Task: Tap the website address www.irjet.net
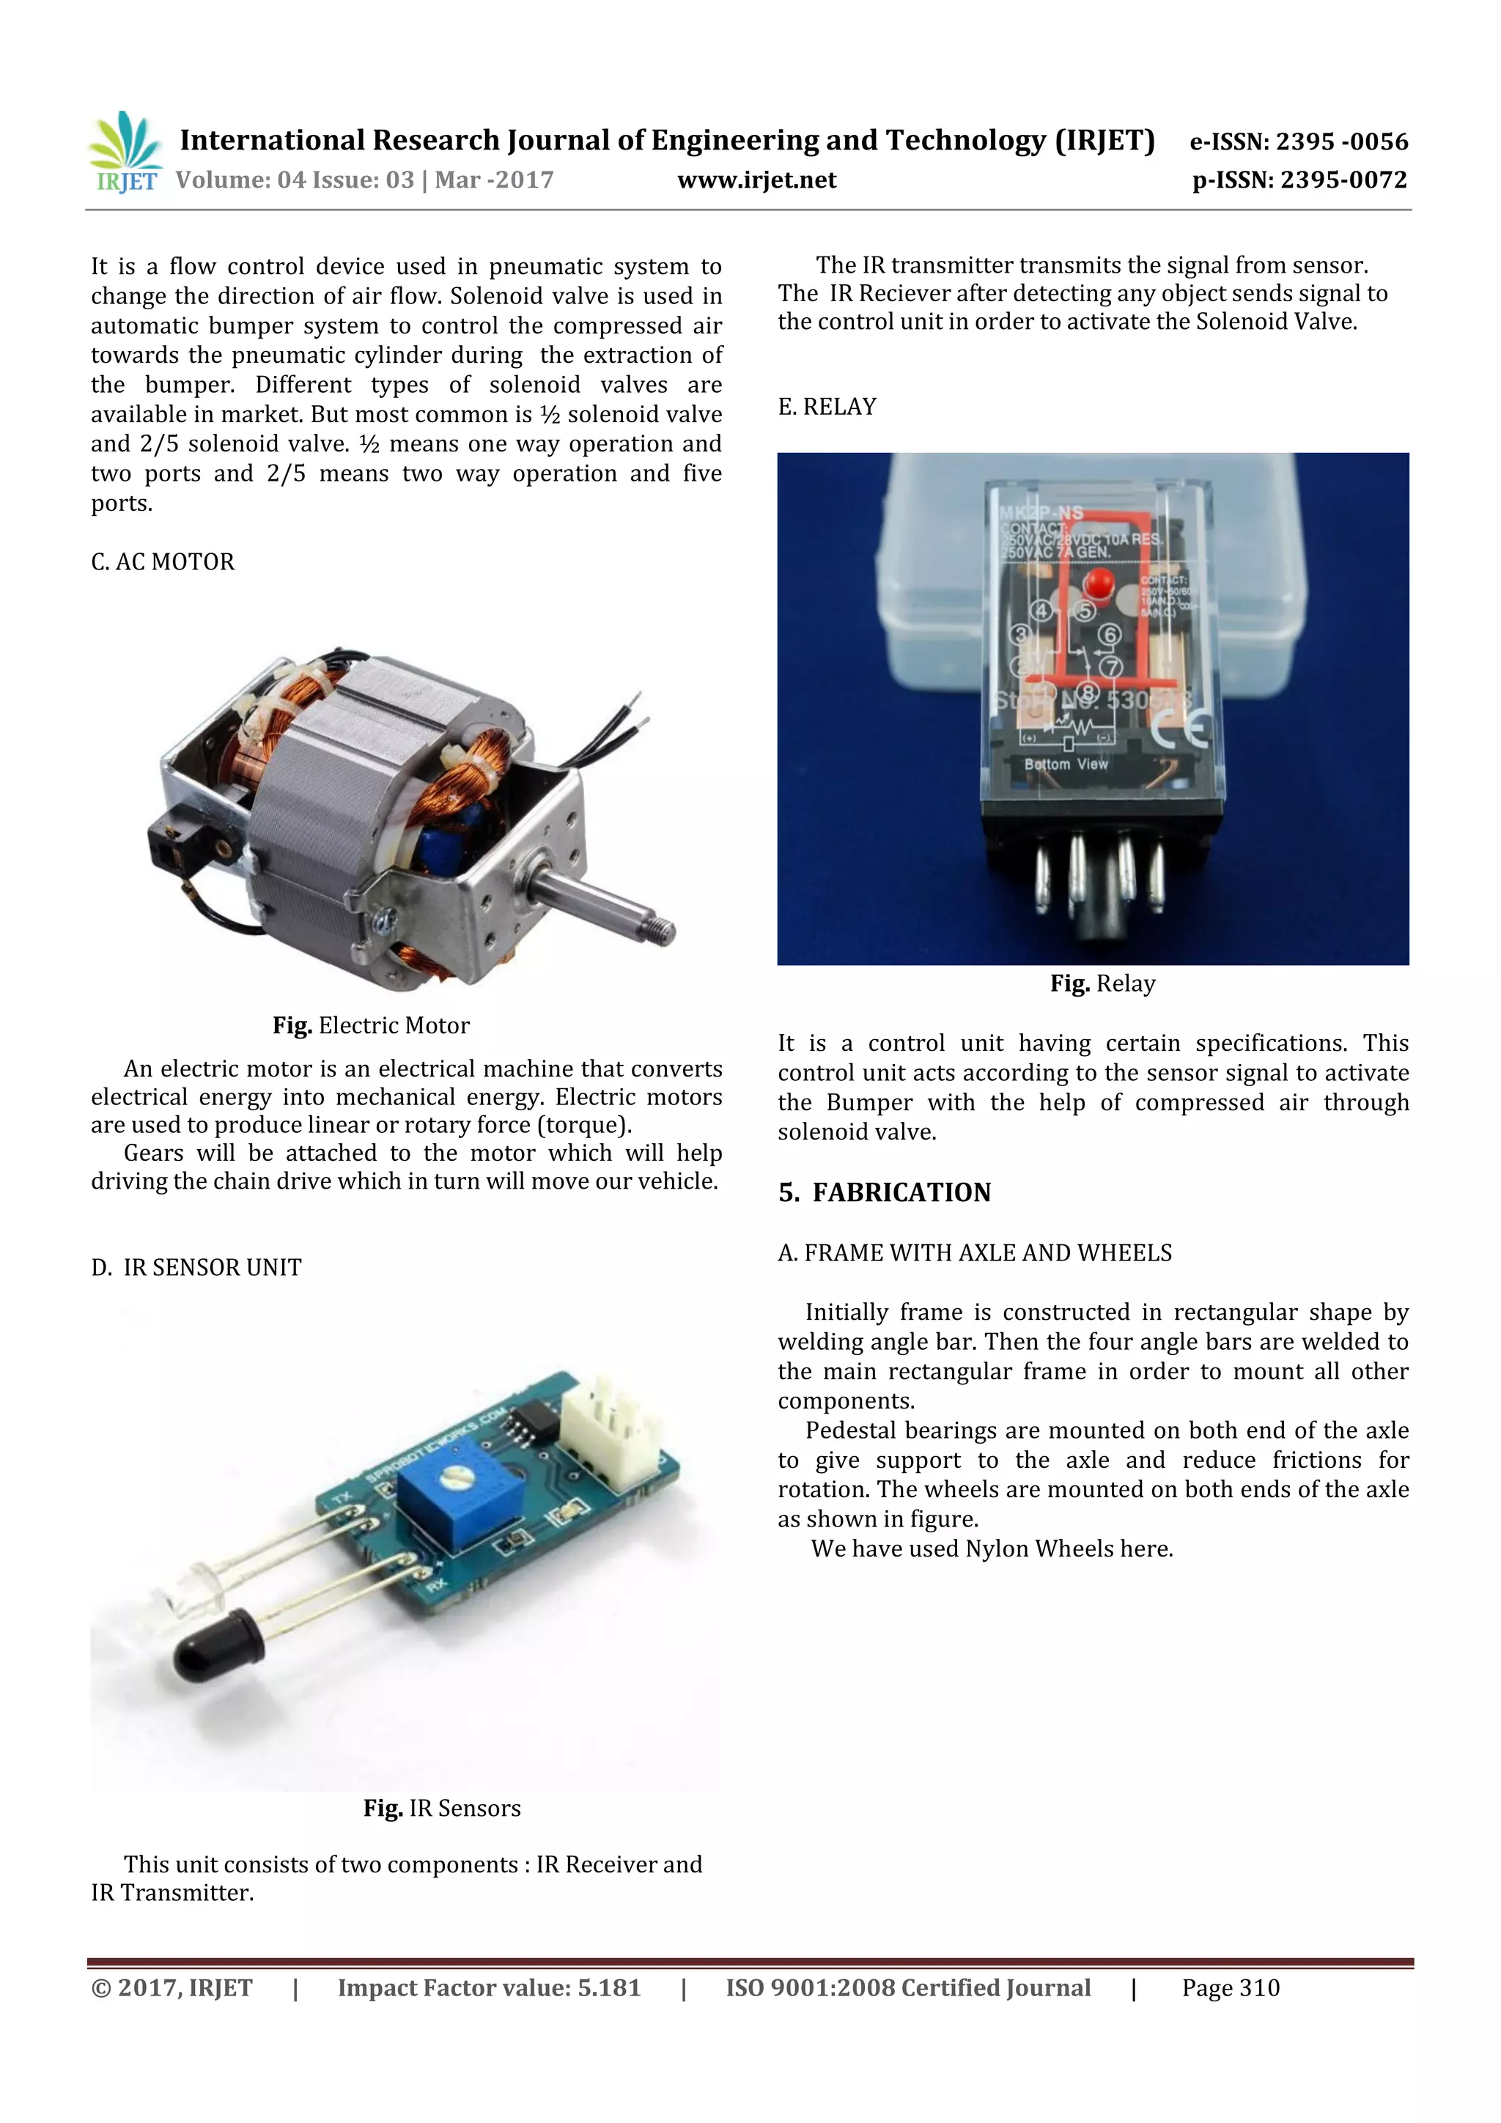756,180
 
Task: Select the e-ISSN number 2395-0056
1299,141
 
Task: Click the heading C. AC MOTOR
163,562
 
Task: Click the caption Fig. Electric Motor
371,1025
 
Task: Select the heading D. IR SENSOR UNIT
196,1268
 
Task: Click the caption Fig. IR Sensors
442,1809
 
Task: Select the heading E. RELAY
827,407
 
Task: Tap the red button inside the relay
1099,583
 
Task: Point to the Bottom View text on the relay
1066,764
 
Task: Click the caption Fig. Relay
1102,984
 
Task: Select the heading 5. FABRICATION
884,1193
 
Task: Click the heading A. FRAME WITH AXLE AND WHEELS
975,1253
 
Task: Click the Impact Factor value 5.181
488,1988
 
